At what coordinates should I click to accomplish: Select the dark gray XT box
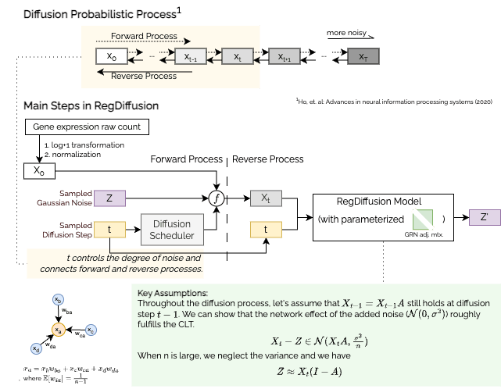tap(362, 57)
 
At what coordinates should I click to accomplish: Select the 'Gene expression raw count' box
tap(87, 126)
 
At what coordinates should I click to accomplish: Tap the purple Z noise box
tap(109, 198)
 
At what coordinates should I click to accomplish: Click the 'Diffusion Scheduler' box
tap(171, 229)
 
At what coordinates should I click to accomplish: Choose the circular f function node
tap(219, 198)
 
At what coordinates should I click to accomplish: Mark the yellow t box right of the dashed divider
tap(267, 229)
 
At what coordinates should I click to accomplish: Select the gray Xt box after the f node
tap(266, 198)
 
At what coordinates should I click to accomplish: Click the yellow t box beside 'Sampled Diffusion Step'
tap(109, 229)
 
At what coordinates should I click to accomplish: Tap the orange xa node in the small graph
tap(56, 329)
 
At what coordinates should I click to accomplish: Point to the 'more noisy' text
tap(347, 34)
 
